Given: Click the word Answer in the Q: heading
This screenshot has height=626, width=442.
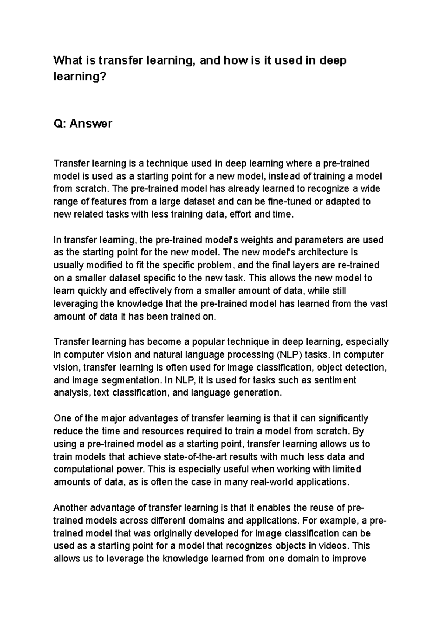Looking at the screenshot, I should click(x=91, y=124).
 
